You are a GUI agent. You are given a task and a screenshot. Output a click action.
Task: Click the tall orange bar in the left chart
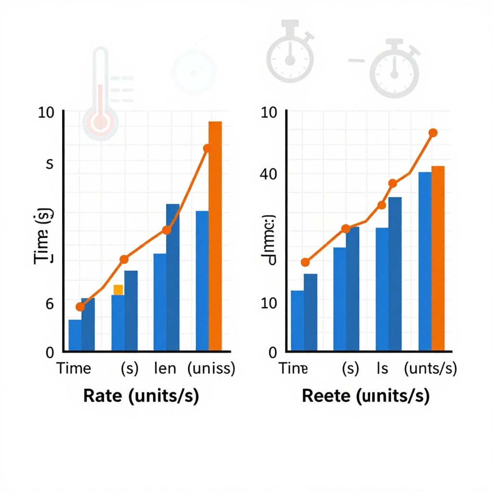tap(215, 236)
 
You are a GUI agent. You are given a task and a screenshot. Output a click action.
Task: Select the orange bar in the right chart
tap(438, 258)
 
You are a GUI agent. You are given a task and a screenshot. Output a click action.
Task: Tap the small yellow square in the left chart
tap(118, 289)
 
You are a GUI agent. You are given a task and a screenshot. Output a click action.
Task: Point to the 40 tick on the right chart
tap(269, 174)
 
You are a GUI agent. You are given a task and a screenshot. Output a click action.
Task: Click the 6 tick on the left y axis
tap(50, 303)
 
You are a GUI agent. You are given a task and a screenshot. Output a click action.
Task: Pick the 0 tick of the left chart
tap(50, 352)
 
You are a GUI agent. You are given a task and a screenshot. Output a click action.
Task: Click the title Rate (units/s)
tap(141, 396)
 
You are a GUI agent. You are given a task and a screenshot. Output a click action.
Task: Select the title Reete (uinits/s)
tap(365, 396)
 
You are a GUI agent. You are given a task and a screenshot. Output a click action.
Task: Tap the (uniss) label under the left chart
tap(211, 369)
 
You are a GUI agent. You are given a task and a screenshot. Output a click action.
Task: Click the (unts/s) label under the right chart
tap(430, 369)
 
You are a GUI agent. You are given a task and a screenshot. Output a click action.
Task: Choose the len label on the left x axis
tap(165, 369)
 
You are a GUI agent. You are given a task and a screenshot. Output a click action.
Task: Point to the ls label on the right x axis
tap(382, 369)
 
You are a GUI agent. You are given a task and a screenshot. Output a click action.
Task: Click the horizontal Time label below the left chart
tap(74, 369)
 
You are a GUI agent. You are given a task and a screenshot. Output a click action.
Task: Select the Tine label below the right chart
tap(293, 369)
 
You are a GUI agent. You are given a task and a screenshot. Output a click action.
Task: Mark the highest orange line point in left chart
tap(207, 148)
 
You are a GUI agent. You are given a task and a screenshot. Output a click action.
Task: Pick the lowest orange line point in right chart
tap(305, 262)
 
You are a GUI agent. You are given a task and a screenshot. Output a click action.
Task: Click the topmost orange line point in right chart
tap(432, 133)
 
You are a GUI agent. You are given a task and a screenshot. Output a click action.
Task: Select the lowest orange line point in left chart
tap(80, 307)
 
